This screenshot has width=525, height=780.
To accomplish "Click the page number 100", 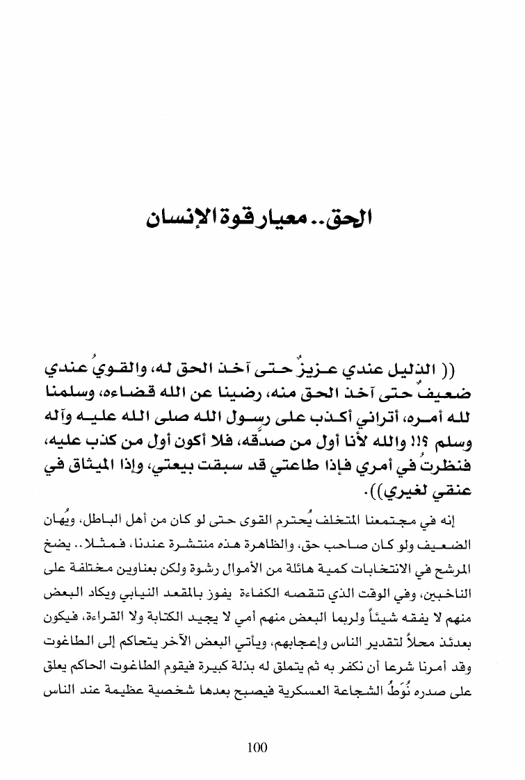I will (257, 747).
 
